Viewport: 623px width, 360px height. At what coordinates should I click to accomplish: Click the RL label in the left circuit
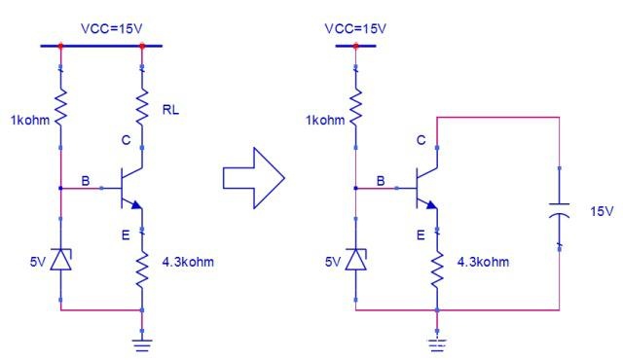pos(170,110)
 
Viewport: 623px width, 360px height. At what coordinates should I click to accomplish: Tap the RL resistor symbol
pos(142,107)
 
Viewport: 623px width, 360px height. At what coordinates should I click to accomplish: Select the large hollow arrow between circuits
pos(253,178)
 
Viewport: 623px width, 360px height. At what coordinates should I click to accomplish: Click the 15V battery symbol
pos(559,210)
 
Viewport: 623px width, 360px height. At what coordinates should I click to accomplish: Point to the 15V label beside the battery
pos(602,211)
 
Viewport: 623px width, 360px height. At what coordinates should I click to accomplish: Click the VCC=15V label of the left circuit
pos(111,28)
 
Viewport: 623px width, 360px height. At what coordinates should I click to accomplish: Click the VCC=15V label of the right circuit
pos(355,28)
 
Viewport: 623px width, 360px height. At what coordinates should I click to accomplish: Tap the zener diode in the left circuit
pos(60,259)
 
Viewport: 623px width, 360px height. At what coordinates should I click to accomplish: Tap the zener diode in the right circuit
pos(356,259)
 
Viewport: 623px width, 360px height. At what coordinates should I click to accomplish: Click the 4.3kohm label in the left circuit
pos(188,262)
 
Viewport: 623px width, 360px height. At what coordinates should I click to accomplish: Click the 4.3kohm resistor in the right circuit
pos(437,270)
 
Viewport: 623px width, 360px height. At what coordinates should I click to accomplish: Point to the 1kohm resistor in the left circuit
pos(60,107)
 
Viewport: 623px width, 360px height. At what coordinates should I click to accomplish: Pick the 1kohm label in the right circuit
pos(325,121)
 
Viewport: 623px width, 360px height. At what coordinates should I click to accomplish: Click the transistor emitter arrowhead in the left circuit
pos(136,204)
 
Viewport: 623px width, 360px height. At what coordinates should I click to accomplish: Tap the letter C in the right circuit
pos(421,140)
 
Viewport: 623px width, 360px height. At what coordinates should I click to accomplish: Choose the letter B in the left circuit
pos(86,181)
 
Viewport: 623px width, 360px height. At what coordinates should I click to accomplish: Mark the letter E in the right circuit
pos(421,235)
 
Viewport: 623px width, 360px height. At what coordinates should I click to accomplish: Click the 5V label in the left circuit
pos(38,262)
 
